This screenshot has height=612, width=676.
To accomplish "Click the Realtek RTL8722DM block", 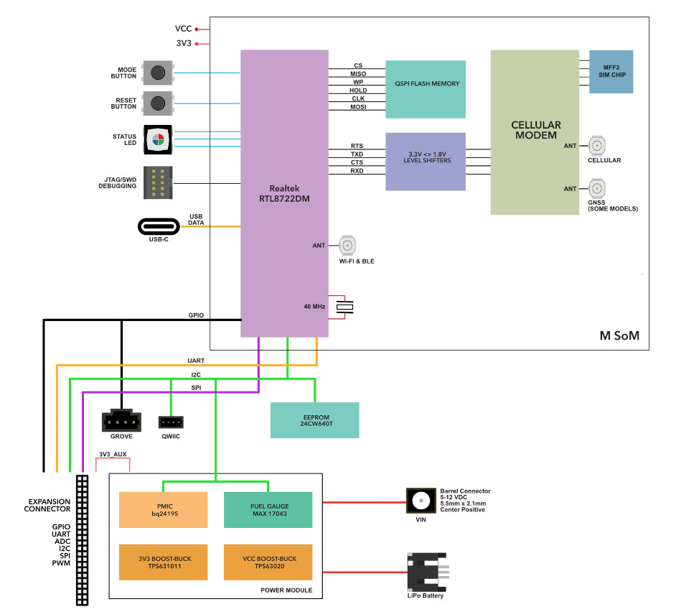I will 284,193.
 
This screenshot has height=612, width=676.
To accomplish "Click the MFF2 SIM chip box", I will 611,72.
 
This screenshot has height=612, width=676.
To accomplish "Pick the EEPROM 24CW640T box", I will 314,420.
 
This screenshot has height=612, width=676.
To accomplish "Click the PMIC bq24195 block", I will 163,509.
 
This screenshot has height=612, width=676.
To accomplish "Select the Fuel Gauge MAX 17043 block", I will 268,509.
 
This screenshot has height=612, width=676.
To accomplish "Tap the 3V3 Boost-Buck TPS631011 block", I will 163,562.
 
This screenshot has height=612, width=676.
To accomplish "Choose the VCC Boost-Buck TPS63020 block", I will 268,562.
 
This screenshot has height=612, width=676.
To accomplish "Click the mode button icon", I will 158,73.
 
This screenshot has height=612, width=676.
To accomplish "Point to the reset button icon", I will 158,103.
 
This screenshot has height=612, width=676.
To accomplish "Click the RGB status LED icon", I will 158,139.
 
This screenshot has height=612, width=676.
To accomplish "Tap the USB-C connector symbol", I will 163,226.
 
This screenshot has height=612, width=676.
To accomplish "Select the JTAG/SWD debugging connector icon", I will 158,182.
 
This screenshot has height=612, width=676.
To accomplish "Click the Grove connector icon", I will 121,419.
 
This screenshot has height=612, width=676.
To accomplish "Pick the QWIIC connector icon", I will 171,422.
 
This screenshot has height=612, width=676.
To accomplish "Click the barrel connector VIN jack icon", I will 421,501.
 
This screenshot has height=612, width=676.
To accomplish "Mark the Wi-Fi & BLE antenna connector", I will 347,246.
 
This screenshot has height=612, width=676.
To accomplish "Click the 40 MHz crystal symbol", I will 346,307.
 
